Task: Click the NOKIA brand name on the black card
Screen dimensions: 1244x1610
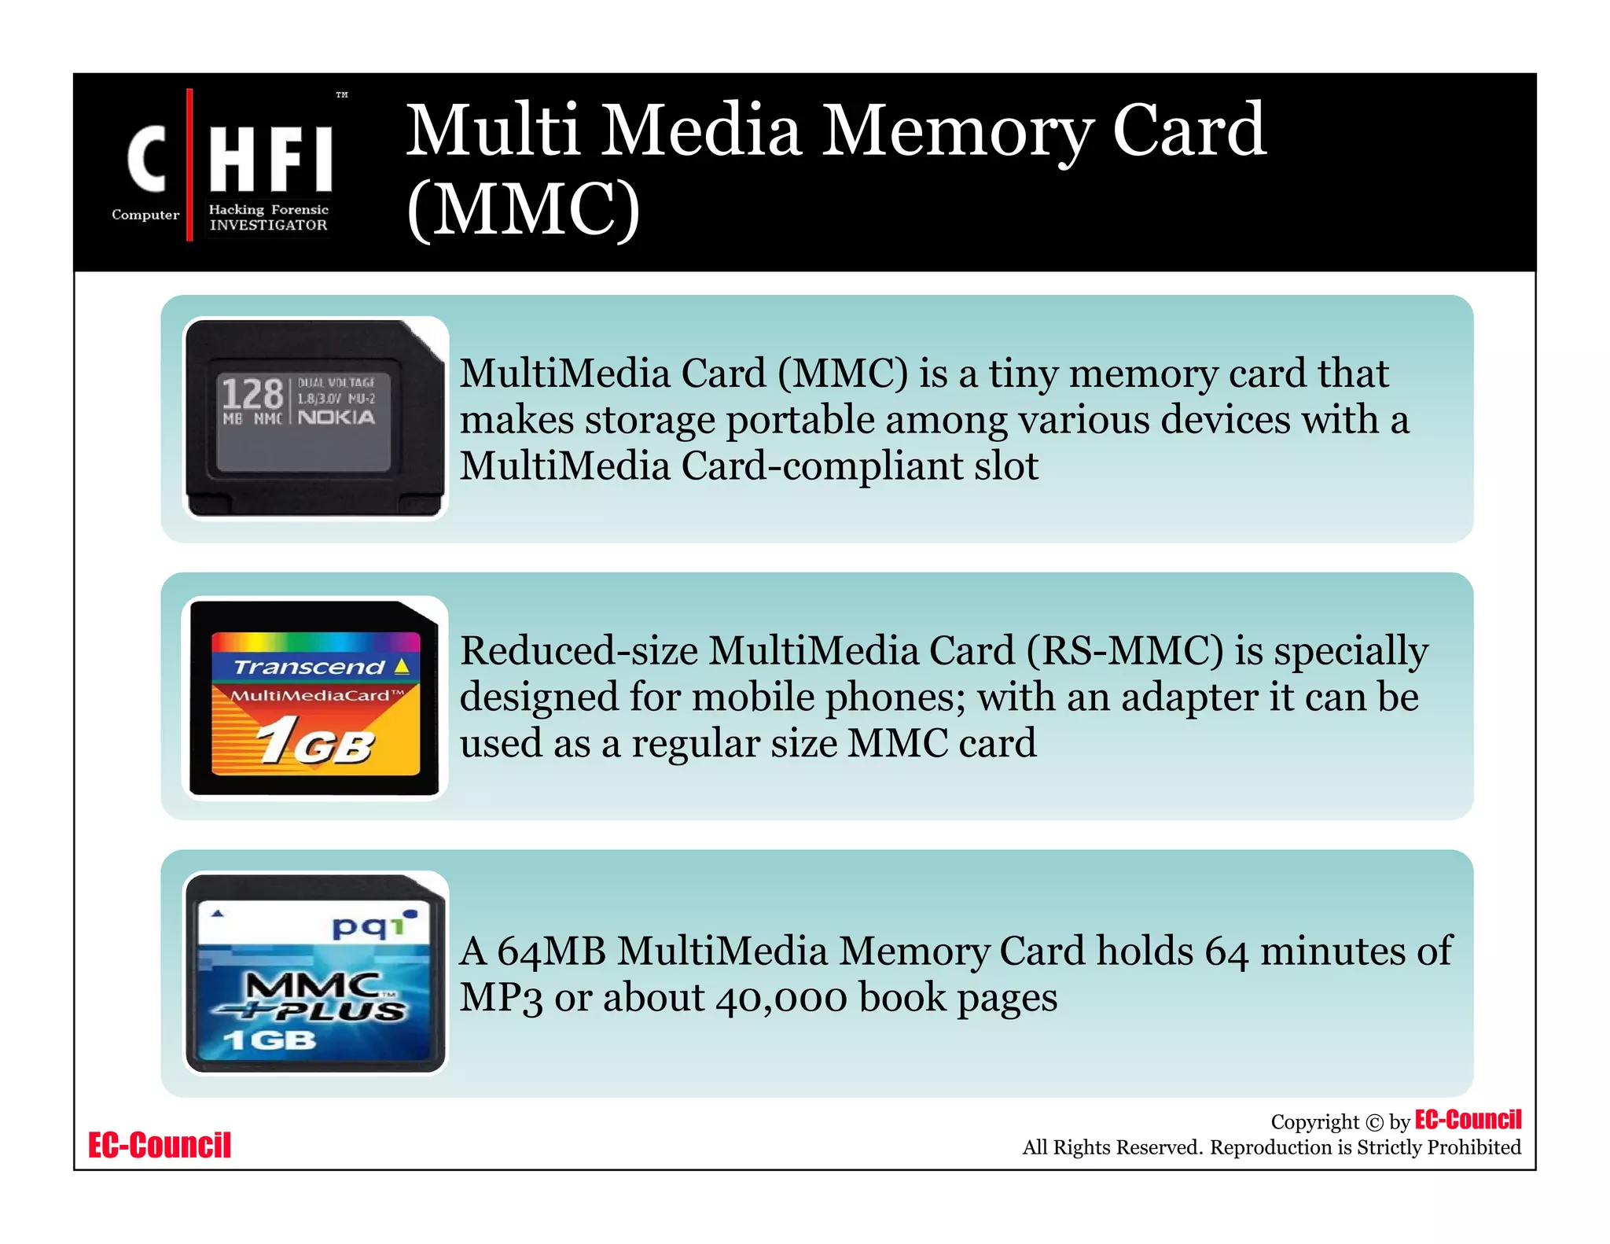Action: [336, 417]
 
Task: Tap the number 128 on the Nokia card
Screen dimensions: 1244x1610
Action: [252, 393]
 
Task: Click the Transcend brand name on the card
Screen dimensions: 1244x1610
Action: [310, 667]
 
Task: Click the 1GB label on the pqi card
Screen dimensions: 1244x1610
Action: [269, 1040]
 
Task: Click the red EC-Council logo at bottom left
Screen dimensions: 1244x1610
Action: [160, 1145]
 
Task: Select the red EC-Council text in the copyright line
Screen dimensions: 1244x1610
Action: [1468, 1119]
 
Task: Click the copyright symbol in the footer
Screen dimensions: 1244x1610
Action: [1373, 1123]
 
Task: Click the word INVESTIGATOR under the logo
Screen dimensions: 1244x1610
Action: [268, 225]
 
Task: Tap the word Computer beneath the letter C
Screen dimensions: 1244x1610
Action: [145, 215]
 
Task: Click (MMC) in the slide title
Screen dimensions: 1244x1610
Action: [523, 209]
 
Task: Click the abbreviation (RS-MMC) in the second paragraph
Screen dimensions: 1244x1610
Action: [1124, 650]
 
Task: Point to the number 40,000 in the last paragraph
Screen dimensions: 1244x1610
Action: [781, 997]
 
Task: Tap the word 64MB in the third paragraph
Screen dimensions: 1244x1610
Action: [551, 951]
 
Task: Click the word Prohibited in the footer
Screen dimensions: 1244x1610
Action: [1473, 1147]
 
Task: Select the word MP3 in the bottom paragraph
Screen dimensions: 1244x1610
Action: [501, 997]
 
